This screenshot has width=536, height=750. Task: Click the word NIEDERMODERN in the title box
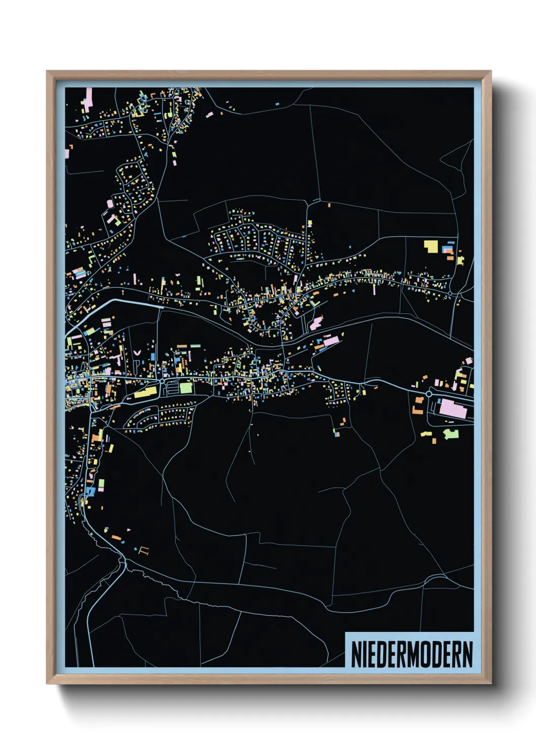click(411, 654)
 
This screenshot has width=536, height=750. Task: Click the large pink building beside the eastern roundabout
click(452, 409)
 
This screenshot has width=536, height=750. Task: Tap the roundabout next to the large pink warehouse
click(429, 394)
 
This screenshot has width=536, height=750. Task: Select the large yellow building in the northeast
click(431, 246)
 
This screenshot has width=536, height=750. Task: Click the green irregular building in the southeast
click(451, 434)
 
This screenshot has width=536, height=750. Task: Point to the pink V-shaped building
click(137, 350)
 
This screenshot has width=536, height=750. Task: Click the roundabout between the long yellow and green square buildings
click(162, 380)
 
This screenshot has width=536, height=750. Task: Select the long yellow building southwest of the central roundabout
click(145, 392)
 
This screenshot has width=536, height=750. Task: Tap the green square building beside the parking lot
click(186, 388)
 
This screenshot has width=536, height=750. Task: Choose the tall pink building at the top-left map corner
click(90, 97)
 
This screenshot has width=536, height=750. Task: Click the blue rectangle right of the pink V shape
click(152, 357)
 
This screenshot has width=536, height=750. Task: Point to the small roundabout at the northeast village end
click(449, 293)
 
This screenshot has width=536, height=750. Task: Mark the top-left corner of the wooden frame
click(47, 71)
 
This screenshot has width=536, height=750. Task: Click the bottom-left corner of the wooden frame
click(47, 683)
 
